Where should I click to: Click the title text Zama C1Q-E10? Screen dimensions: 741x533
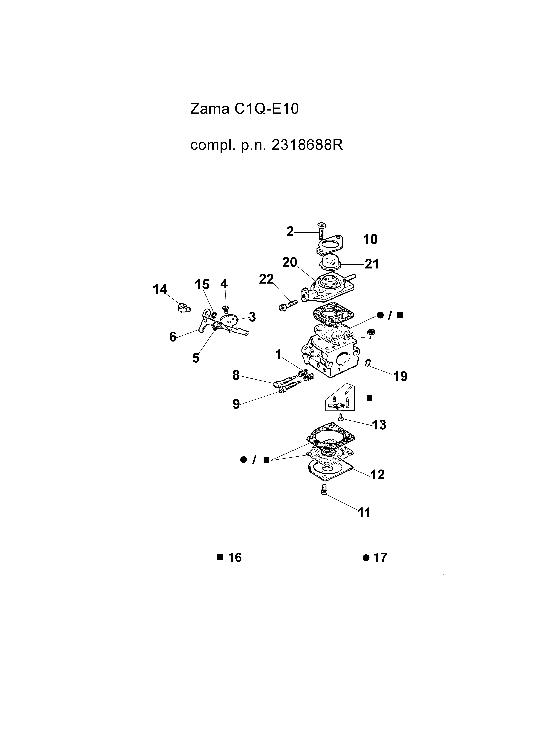click(x=244, y=109)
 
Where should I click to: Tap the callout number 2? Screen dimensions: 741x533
click(x=290, y=232)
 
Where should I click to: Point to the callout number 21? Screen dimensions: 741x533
click(x=372, y=264)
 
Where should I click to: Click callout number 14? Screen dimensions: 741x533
click(x=160, y=289)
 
